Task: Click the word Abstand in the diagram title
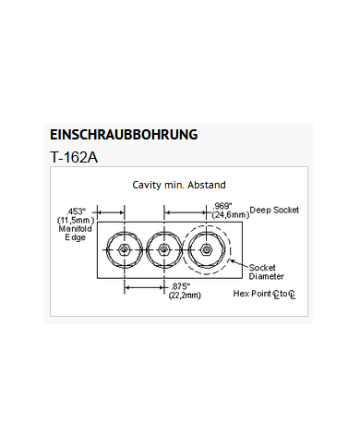pos(205,186)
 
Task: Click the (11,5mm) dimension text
pos(76,220)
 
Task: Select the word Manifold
pos(76,229)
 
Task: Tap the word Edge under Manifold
pos(74,238)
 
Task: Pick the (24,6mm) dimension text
pos(231,214)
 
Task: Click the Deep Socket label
pos(274,210)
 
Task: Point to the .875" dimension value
pos(181,285)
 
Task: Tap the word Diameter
pos(267,276)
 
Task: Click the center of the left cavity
pos(123,250)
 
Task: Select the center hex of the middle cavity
pos(163,250)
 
